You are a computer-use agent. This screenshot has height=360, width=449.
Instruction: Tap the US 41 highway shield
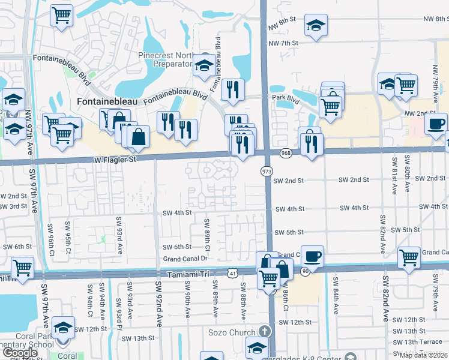(x=232, y=273)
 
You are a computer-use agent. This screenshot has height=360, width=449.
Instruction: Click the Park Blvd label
(x=285, y=97)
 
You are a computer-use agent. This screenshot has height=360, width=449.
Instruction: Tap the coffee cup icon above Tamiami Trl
(x=312, y=256)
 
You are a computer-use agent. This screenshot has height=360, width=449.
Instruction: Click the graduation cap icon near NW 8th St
(x=316, y=25)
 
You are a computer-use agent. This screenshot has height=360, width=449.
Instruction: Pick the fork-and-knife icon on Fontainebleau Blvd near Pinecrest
(x=233, y=90)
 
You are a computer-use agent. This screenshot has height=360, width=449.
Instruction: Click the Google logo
(x=19, y=353)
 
